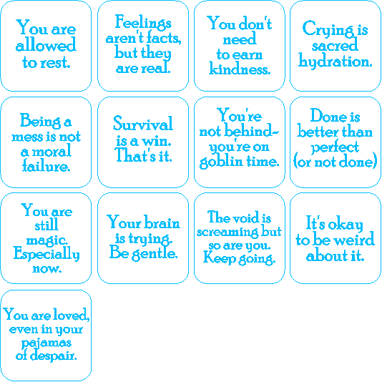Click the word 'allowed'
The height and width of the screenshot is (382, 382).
click(46, 44)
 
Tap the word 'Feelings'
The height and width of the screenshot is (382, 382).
click(143, 23)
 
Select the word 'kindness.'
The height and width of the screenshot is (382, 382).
click(240, 69)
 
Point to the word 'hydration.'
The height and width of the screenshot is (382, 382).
click(336, 61)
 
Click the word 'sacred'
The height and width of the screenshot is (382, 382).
click(335, 45)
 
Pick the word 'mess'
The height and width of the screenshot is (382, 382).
click(26, 137)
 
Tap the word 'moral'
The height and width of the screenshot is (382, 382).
click(52, 151)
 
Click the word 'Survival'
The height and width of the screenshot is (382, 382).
click(143, 124)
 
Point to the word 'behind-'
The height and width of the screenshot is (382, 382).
click(251, 131)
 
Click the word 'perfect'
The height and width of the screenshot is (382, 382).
click(335, 147)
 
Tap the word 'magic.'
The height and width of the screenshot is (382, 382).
click(47, 241)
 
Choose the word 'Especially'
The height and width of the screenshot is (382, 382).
click(46, 254)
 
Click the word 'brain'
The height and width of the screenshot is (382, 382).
click(162, 222)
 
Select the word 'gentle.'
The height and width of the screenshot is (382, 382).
click(155, 253)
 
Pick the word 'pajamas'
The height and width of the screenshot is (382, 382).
click(46, 343)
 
